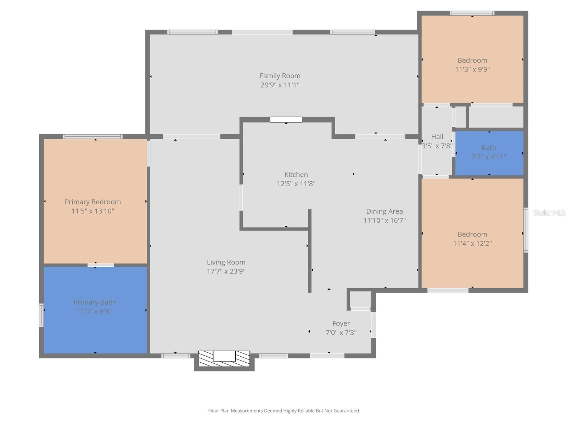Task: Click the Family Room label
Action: click(280, 76)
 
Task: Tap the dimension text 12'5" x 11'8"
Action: click(296, 184)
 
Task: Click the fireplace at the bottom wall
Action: click(224, 358)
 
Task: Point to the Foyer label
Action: click(341, 323)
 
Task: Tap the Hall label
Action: click(437, 137)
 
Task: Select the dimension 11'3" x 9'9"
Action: click(472, 69)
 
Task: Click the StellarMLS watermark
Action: click(549, 212)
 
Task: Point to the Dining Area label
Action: click(384, 211)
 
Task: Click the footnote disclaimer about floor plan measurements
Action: click(283, 411)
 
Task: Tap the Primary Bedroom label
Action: click(93, 202)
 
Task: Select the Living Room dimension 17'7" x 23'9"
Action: click(226, 271)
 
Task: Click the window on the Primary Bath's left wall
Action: click(41, 315)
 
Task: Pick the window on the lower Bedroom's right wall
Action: click(526, 230)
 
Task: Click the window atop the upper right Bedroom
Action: click(472, 13)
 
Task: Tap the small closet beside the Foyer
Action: click(360, 299)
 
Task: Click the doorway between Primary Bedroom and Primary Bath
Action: click(101, 265)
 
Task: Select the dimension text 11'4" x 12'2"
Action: click(472, 244)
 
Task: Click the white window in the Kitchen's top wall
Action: click(286, 120)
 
